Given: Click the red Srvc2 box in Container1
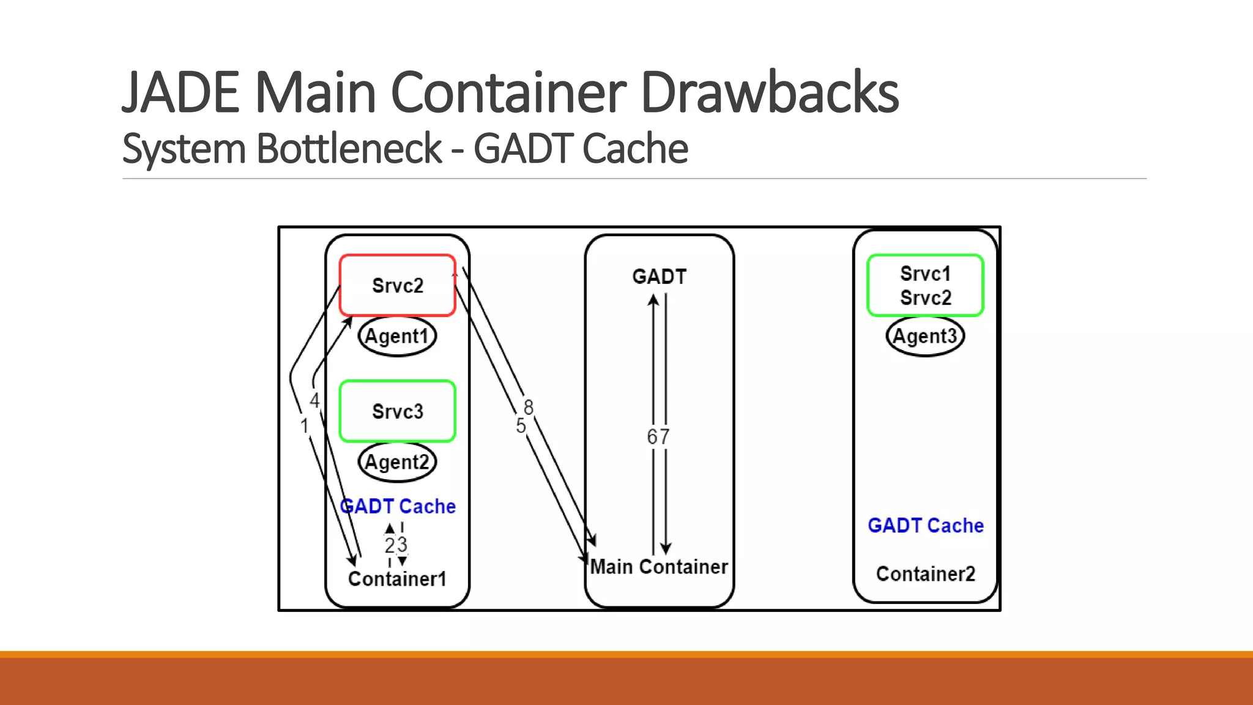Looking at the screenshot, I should coord(397,285).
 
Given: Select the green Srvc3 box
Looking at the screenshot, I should coord(397,411).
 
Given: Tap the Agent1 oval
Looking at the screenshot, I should coord(397,336).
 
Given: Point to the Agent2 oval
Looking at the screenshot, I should coord(397,462).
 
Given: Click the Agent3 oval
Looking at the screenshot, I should coord(925,336).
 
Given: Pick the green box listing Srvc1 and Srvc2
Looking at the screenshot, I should coord(925,285).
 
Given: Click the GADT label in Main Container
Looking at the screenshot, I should coord(659,277).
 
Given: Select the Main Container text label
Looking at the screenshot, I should coord(659,567).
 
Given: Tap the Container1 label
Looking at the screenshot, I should coord(397,578).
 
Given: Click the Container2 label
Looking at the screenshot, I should coord(925,574).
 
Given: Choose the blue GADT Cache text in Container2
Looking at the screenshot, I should coord(925,526).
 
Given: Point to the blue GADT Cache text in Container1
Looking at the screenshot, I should coord(398,507).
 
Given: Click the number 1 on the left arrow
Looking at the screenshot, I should coord(304,425).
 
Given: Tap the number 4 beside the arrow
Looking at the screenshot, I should coord(314,401).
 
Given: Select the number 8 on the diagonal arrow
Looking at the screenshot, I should coord(529,407).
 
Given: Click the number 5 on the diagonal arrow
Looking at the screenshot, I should coord(521,426).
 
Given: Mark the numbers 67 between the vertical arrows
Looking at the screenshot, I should coord(658,437).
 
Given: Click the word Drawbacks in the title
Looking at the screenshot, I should coord(769,93).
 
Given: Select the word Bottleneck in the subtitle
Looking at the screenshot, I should coord(349,149).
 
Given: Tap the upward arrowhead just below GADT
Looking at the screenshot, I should coord(653,300).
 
